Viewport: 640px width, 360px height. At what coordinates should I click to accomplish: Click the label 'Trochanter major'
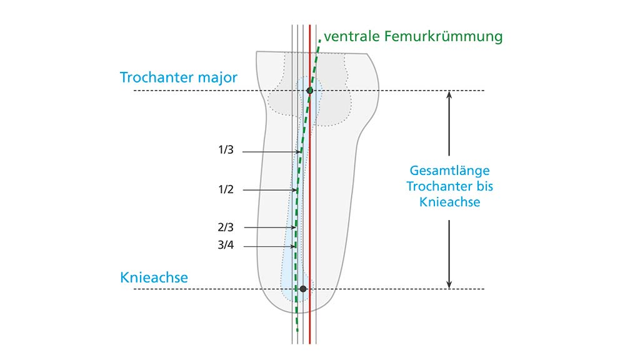pyautogui.click(x=179, y=78)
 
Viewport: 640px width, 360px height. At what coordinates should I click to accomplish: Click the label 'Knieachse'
pyautogui.click(x=154, y=277)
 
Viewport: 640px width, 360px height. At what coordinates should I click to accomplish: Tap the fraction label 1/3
pyautogui.click(x=225, y=151)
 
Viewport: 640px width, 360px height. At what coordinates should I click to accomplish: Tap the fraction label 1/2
pyautogui.click(x=225, y=189)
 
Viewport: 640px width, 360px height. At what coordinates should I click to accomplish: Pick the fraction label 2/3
pyautogui.click(x=225, y=227)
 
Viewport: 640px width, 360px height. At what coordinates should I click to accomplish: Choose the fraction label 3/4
pyautogui.click(x=225, y=247)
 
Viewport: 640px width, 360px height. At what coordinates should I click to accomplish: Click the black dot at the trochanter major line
pyautogui.click(x=309, y=91)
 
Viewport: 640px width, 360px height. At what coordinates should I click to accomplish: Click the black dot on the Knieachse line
pyautogui.click(x=303, y=289)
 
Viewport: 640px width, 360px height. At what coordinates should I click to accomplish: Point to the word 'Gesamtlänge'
pyautogui.click(x=449, y=170)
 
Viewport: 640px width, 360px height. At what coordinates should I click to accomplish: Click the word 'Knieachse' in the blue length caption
pyautogui.click(x=449, y=202)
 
